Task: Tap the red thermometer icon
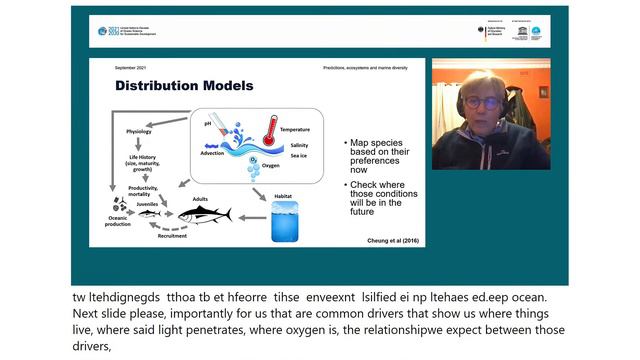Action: coord(268,131)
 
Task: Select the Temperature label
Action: coord(295,130)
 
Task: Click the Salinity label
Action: coord(299,145)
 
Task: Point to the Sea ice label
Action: coord(298,155)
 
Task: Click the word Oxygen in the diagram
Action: coord(270,165)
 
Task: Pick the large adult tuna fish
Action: coord(205,214)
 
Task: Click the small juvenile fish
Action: coord(149,214)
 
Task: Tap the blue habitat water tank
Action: coord(285,221)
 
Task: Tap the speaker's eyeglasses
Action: coord(484,102)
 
